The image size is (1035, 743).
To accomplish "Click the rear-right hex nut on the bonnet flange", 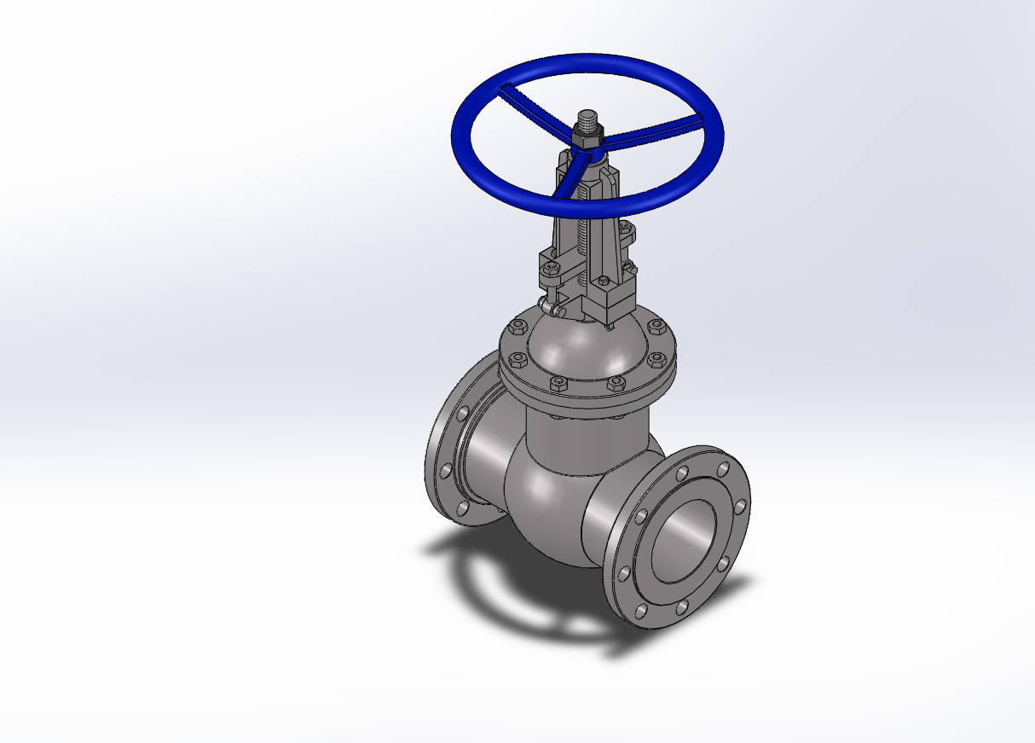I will click(x=656, y=326).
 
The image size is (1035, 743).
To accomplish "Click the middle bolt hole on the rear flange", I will click(x=445, y=470).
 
